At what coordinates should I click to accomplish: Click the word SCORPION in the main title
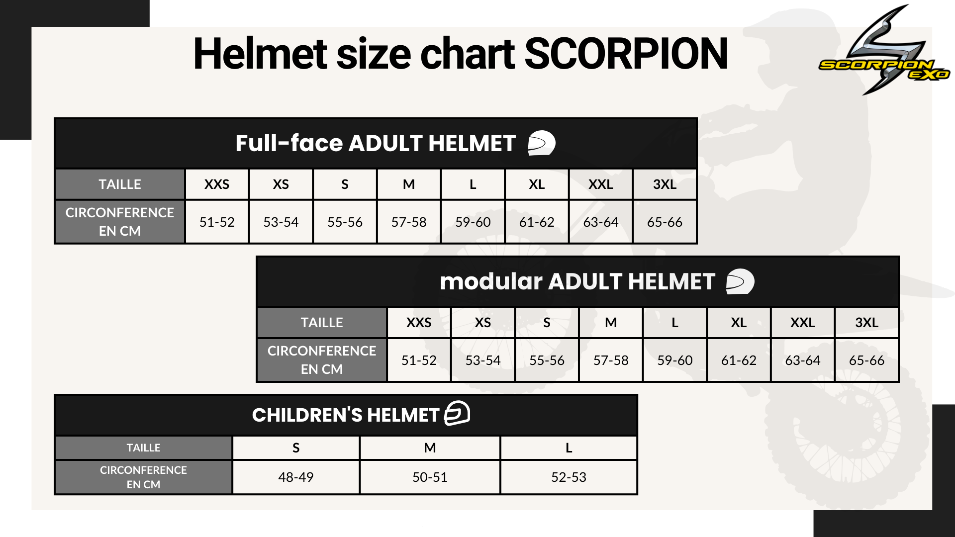tap(626, 54)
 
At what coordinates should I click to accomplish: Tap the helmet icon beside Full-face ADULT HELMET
tap(541, 143)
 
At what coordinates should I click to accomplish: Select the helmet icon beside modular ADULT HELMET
tap(740, 281)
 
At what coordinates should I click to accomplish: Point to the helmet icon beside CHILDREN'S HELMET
tap(457, 413)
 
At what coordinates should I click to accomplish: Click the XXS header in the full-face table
tap(217, 184)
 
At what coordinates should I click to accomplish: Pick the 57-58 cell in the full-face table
tap(409, 222)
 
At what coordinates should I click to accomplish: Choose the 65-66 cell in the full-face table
tap(665, 222)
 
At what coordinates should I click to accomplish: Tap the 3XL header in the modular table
tap(866, 323)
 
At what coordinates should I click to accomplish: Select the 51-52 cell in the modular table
tap(419, 360)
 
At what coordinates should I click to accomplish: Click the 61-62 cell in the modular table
tap(739, 360)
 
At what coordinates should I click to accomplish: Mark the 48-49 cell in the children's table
tap(296, 477)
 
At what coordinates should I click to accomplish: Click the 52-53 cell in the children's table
tap(569, 477)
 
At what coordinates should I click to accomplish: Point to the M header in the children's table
tap(430, 448)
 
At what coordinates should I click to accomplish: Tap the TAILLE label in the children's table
tap(143, 448)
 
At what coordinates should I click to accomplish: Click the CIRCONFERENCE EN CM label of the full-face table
tap(120, 222)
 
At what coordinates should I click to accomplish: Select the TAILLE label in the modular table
tap(322, 323)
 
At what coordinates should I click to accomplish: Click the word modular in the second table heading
tap(491, 281)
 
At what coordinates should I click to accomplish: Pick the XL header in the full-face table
tap(537, 184)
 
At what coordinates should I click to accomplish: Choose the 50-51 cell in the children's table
tap(430, 477)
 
